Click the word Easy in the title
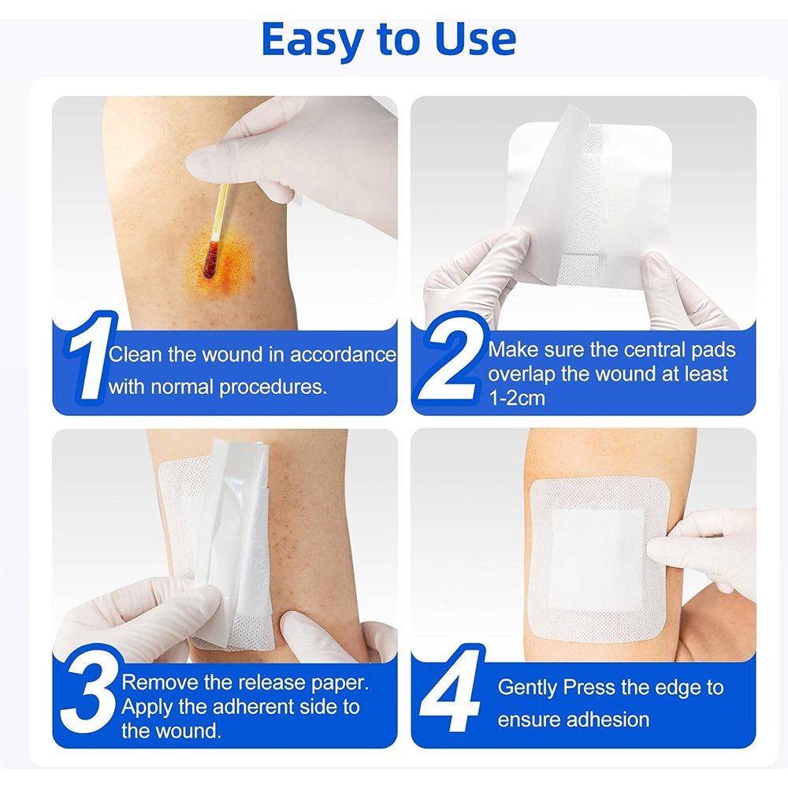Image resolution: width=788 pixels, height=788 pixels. pyautogui.click(x=313, y=41)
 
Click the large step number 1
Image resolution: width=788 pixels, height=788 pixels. pyautogui.click(x=89, y=356)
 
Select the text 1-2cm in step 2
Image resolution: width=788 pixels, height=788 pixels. pyautogui.click(x=517, y=398)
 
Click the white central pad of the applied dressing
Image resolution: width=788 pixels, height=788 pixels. pyautogui.click(x=598, y=559)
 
